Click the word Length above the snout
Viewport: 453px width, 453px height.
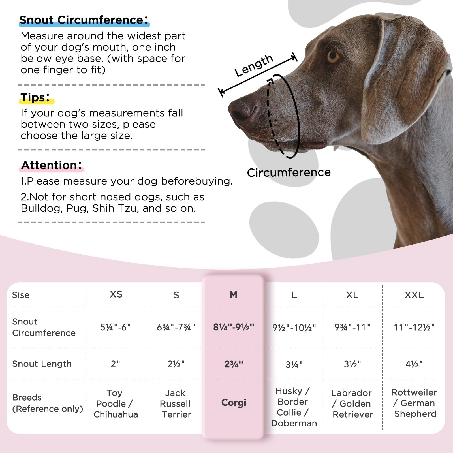point(254,66)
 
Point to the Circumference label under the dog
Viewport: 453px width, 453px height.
point(289,172)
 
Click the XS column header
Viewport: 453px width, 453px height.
point(116,294)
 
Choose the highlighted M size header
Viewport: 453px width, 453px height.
point(233,295)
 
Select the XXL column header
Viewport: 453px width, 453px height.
point(414,295)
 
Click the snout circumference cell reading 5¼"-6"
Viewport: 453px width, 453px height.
point(116,327)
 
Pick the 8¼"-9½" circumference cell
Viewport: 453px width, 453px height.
point(234,327)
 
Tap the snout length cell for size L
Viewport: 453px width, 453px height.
point(294,364)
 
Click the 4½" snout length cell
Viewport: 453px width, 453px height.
point(414,364)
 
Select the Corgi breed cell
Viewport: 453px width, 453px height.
point(234,403)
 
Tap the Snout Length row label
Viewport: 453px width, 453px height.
point(42,364)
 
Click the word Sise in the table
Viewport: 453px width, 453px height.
point(21,295)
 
